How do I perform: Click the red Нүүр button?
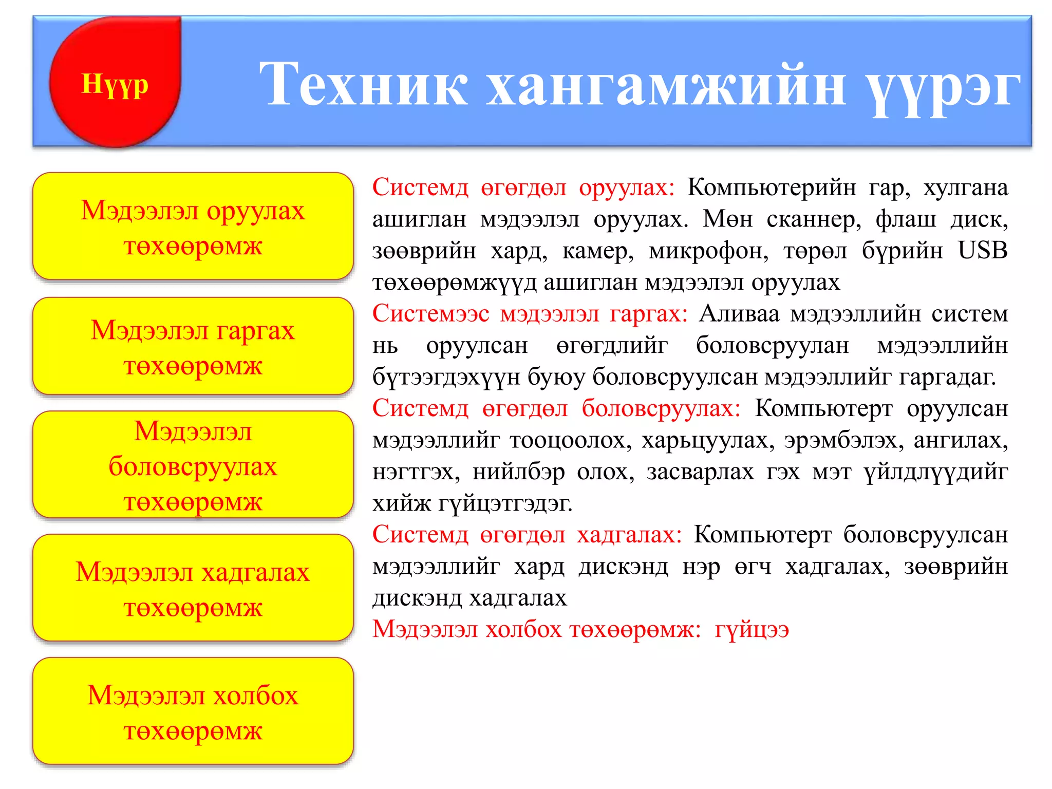pyautogui.click(x=115, y=83)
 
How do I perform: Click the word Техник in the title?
pyautogui.click(x=363, y=84)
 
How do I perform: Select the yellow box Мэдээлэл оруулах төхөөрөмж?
pyautogui.click(x=193, y=227)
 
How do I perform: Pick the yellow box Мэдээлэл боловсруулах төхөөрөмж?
pyautogui.click(x=193, y=465)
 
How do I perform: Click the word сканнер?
pyautogui.click(x=814, y=219)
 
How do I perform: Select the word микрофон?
pyautogui.click(x=708, y=251)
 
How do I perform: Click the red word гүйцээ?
pyautogui.click(x=752, y=629)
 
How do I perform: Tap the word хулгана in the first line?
pyautogui.click(x=965, y=187)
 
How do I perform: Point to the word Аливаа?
pyautogui.click(x=739, y=314)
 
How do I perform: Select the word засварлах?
pyautogui.click(x=700, y=472)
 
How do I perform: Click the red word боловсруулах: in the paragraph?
pyautogui.click(x=661, y=409)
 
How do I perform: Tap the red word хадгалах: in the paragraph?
pyautogui.click(x=629, y=535)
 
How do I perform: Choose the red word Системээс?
pyautogui.click(x=430, y=314)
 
